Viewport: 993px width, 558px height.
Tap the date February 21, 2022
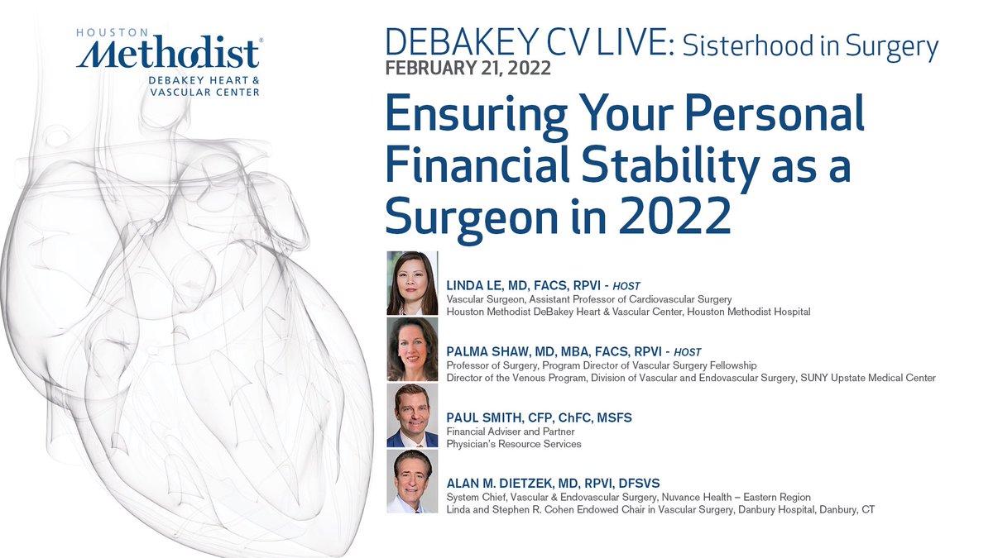[x=469, y=67]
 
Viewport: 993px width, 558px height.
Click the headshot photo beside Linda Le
[x=412, y=283]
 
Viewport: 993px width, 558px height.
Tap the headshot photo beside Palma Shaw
[x=412, y=349]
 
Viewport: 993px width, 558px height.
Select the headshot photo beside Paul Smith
[x=412, y=415]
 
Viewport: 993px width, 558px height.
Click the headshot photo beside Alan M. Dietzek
[x=412, y=481]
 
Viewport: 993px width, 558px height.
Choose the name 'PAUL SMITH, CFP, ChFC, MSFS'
[x=539, y=417]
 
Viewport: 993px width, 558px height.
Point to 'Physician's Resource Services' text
[x=514, y=444]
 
